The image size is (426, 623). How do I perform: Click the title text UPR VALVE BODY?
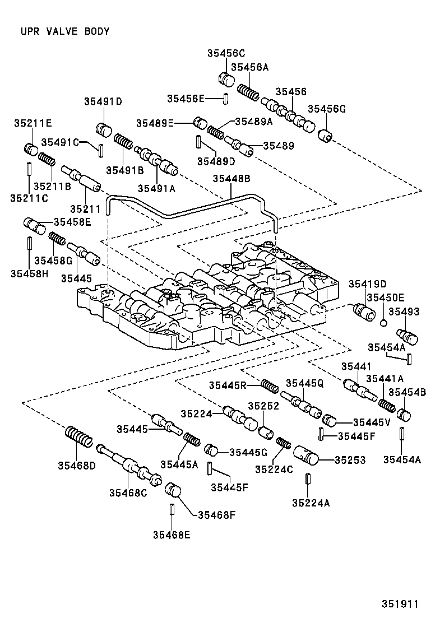click(x=64, y=31)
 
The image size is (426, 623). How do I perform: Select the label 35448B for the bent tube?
click(x=231, y=179)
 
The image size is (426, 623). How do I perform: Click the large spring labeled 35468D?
click(x=78, y=436)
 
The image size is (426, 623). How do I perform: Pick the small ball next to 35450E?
click(x=383, y=323)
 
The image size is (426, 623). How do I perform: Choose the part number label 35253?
click(x=350, y=460)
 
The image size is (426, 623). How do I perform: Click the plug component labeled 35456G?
click(x=326, y=136)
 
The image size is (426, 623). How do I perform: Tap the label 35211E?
click(x=33, y=123)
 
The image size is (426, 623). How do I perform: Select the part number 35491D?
click(x=103, y=101)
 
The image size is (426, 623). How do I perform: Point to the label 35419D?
click(x=365, y=284)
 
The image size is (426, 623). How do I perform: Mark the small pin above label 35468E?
click(x=172, y=511)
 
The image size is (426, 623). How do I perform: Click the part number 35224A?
click(x=311, y=503)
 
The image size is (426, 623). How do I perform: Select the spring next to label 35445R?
click(x=270, y=386)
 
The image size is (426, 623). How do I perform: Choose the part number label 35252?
click(x=263, y=406)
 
